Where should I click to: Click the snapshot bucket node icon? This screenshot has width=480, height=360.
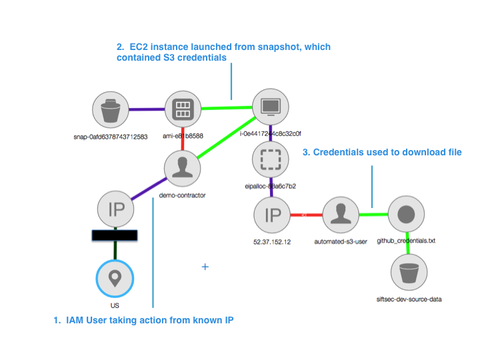coord(111,109)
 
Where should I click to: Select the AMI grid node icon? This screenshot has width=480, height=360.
coord(181,109)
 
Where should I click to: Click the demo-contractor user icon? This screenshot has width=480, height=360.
coord(181,166)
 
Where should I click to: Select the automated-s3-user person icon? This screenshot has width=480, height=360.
coord(340,215)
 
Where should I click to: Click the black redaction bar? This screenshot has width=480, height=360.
coord(115,235)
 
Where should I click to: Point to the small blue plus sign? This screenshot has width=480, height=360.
coord(205,266)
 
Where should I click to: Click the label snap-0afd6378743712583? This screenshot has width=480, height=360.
coord(111,137)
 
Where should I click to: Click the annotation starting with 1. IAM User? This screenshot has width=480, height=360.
coord(143,321)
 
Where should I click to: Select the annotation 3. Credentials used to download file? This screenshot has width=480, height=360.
coord(382,153)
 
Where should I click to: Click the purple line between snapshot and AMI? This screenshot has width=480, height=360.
coord(146,109)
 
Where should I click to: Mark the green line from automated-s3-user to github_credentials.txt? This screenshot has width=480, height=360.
coord(373,215)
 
